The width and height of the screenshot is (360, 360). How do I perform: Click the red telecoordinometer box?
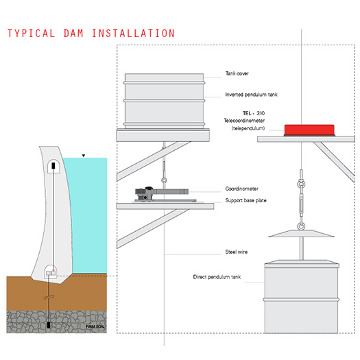pyautogui.click(x=309, y=130)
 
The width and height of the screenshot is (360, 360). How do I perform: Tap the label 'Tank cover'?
pyautogui.click(x=237, y=73)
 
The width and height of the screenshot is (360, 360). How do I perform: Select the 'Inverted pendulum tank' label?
pyautogui.click(x=251, y=95)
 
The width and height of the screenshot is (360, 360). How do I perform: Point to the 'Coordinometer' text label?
pyautogui.click(x=242, y=189)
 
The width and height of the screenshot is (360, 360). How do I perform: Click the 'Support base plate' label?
pyautogui.click(x=245, y=200)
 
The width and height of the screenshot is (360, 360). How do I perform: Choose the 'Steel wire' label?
pyautogui.click(x=237, y=252)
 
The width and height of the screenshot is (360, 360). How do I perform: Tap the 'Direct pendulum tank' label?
pyautogui.click(x=217, y=277)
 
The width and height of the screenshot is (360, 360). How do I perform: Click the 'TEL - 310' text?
pyautogui.click(x=254, y=113)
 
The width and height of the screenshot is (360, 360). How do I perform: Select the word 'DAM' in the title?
pyautogui.click(x=73, y=34)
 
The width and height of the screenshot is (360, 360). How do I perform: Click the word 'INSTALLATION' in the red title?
pyautogui.click(x=134, y=34)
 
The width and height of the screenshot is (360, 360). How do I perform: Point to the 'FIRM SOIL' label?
pyautogui.click(x=95, y=326)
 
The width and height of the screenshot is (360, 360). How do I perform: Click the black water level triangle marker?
pyautogui.click(x=84, y=156)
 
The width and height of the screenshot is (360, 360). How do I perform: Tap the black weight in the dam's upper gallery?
pyautogui.click(x=53, y=165)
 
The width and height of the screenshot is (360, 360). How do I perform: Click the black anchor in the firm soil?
pyautogui.click(x=49, y=325)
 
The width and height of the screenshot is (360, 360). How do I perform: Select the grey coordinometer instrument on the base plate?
pyautogui.click(x=162, y=193)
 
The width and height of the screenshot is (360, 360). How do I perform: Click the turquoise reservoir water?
pyautogui.click(x=90, y=213)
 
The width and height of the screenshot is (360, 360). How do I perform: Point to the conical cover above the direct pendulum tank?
pyautogui.click(x=301, y=234)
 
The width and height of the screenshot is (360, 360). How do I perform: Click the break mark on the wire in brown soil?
pyautogui.click(x=49, y=297)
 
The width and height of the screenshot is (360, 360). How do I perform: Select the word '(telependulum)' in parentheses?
pyautogui.click(x=248, y=128)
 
